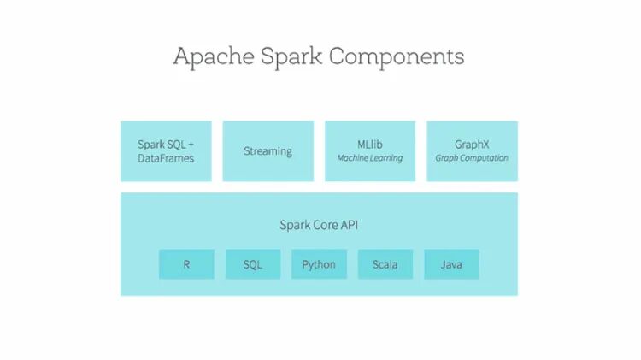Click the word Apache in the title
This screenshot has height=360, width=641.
pos(214,57)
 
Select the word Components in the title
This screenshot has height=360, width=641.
pos(397,57)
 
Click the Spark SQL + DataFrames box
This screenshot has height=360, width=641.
pos(166,150)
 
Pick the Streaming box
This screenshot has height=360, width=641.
pos(268,150)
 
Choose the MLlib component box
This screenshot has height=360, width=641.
pos(370,150)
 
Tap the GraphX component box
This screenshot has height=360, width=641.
pos(472,150)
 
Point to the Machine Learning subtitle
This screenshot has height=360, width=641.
pos(370,158)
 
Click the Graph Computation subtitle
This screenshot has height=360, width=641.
pos(472,158)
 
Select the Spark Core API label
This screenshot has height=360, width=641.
pos(319,225)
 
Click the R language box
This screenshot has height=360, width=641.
pos(186,264)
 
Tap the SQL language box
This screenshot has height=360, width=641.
pos(253,264)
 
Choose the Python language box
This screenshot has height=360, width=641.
pos(319,264)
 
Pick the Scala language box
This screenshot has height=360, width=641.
pos(385,264)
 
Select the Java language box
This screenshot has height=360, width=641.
pos(451,264)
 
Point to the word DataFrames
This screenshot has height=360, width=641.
pos(166,158)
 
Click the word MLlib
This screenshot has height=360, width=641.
pos(370,144)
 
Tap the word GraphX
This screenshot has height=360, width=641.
pos(472,144)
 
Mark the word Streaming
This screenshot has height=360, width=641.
pos(268,151)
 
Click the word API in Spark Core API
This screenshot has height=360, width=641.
pos(348,225)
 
